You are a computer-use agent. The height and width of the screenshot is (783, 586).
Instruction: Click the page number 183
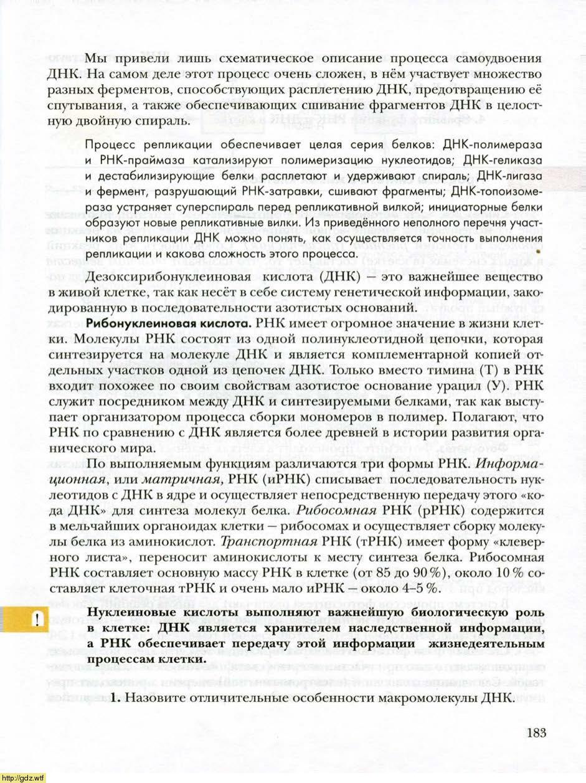536,733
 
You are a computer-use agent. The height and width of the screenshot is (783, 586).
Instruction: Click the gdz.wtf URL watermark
23,777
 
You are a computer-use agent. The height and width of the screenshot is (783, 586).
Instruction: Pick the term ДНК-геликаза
505,161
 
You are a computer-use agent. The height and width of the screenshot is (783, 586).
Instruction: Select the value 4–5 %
418,588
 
